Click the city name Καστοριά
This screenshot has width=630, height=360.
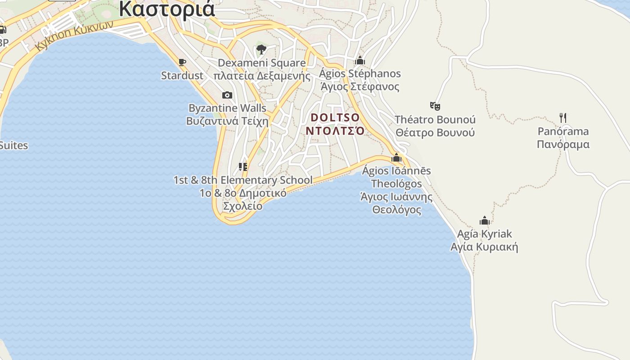[167, 9]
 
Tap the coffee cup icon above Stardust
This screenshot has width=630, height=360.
[182, 62]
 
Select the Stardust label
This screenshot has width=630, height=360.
[182, 75]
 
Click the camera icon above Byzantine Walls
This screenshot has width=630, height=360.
[227, 95]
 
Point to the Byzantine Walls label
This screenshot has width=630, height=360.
[227, 108]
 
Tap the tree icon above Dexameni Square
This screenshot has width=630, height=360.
[261, 49]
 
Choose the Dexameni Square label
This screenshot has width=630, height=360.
[261, 63]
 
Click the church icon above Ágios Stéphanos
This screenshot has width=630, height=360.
[360, 60]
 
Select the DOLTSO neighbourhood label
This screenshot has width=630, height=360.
[335, 117]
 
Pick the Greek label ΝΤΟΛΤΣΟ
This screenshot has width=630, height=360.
[335, 130]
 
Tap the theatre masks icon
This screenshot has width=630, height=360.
[435, 106]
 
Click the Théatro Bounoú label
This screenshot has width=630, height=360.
[435, 120]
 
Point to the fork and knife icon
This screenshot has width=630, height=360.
[563, 118]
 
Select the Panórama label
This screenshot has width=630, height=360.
[563, 131]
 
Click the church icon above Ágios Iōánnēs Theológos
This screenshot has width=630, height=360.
[396, 157]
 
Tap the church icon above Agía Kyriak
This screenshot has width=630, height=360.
[485, 220]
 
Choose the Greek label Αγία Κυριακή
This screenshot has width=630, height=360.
[484, 247]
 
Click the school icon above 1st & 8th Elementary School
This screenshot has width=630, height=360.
[243, 167]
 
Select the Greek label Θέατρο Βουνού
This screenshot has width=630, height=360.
[435, 133]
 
